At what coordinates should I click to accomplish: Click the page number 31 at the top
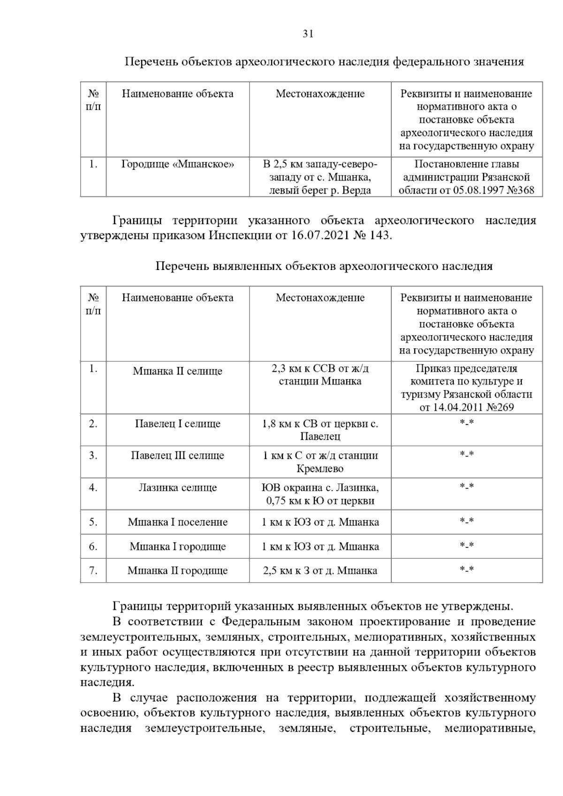click(x=308, y=34)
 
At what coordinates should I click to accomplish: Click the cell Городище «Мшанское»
click(x=177, y=164)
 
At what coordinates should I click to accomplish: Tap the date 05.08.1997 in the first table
click(x=479, y=191)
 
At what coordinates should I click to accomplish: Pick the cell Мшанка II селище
click(x=177, y=371)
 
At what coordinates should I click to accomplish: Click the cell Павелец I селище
click(x=177, y=424)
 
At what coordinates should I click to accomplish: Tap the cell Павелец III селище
click(x=177, y=456)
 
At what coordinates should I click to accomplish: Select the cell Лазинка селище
click(x=177, y=488)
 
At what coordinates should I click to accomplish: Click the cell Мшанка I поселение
click(x=177, y=522)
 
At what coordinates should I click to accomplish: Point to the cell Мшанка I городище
click(x=177, y=547)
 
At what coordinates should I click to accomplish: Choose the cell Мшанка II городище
click(x=177, y=571)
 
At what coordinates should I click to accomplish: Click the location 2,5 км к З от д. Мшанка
click(x=320, y=571)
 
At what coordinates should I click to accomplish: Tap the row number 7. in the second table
click(x=93, y=571)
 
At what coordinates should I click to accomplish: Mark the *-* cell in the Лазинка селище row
click(x=466, y=486)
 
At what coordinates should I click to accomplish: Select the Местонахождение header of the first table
click(x=320, y=94)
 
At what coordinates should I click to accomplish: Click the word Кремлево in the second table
click(x=320, y=469)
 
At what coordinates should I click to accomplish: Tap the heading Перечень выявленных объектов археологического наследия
click(x=324, y=266)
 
